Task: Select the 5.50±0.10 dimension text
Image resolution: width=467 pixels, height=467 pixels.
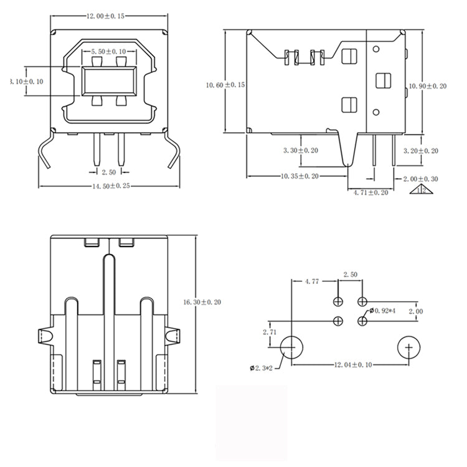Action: tap(108, 50)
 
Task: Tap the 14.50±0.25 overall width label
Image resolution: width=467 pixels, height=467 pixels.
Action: tap(115, 186)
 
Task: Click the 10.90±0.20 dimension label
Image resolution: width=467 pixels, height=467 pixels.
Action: tap(427, 86)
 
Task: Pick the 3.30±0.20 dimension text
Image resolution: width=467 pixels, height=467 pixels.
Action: tap(301, 151)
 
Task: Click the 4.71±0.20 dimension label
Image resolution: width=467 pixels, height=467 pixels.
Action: tap(370, 193)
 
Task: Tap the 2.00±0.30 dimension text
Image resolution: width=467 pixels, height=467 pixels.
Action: tap(421, 179)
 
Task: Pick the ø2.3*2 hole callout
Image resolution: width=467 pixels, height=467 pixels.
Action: tap(262, 369)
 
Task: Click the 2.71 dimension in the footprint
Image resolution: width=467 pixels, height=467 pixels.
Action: tap(270, 333)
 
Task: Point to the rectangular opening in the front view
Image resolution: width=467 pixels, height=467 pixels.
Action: tap(108, 80)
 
